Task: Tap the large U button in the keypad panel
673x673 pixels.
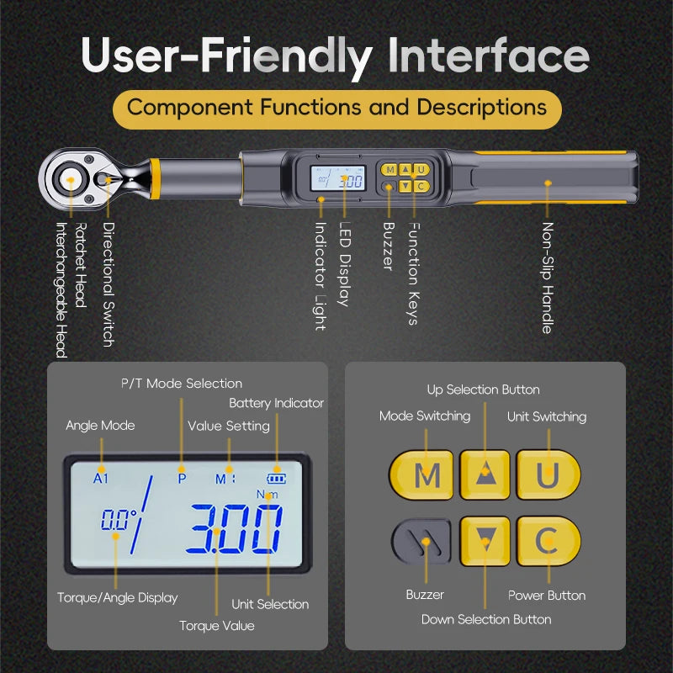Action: click(548, 475)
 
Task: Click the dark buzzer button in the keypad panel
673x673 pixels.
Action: click(421, 541)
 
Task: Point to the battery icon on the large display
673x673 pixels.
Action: click(277, 479)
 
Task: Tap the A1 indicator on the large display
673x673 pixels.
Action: click(101, 478)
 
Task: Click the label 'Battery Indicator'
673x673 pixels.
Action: click(276, 403)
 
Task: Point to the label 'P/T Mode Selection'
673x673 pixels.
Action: click(182, 384)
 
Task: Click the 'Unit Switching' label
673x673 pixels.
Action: click(547, 416)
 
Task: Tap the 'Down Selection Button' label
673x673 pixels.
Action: click(486, 619)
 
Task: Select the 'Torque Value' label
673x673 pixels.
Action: click(216, 625)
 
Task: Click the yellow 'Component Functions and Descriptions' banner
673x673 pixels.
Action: click(336, 108)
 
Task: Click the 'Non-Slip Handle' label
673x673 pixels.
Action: click(548, 278)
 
